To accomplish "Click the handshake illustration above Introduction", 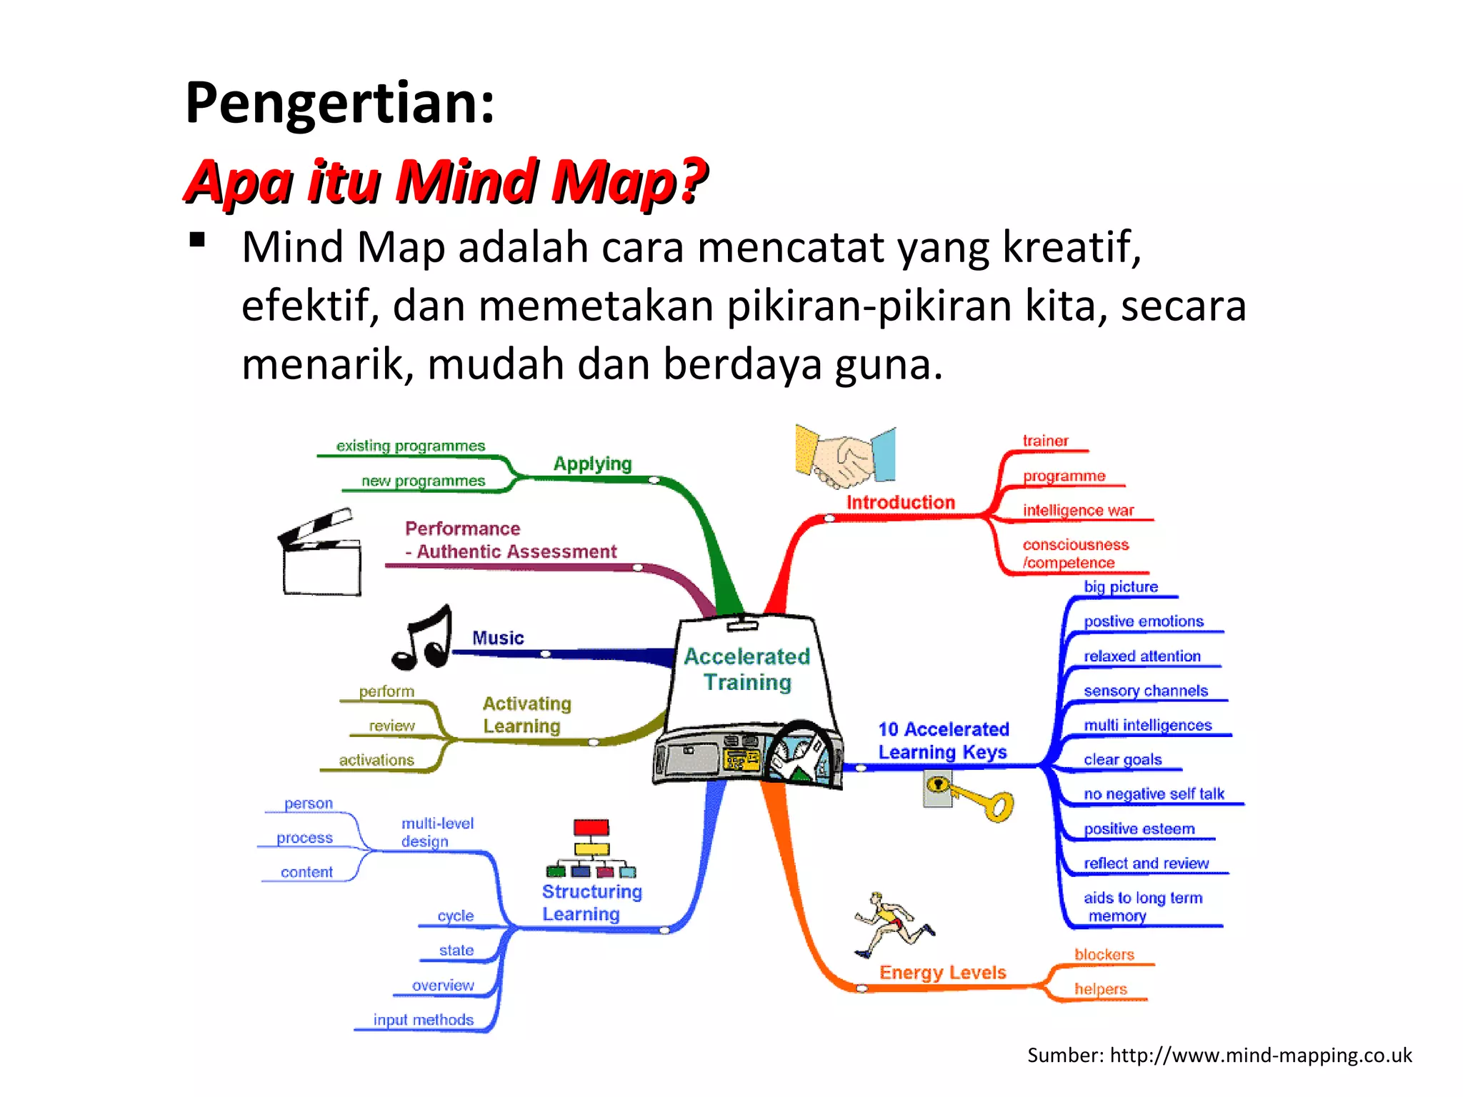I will click(845, 456).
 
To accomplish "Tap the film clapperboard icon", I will click(321, 553).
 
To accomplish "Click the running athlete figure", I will click(893, 924).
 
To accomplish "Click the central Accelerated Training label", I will click(747, 669).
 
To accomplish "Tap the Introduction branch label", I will click(900, 502).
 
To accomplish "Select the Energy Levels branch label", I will click(942, 972).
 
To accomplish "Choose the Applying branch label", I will click(592, 464).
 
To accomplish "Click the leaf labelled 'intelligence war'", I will click(1078, 510).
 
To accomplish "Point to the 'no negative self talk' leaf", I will click(1153, 793).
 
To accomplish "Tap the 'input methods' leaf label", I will click(423, 1019).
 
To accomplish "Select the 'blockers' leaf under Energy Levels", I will click(1104, 954).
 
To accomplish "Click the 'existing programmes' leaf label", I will click(410, 446).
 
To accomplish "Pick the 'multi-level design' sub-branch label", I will click(436, 832).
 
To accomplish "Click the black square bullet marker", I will click(197, 240).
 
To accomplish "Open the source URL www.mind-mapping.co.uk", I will click(1261, 1055).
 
